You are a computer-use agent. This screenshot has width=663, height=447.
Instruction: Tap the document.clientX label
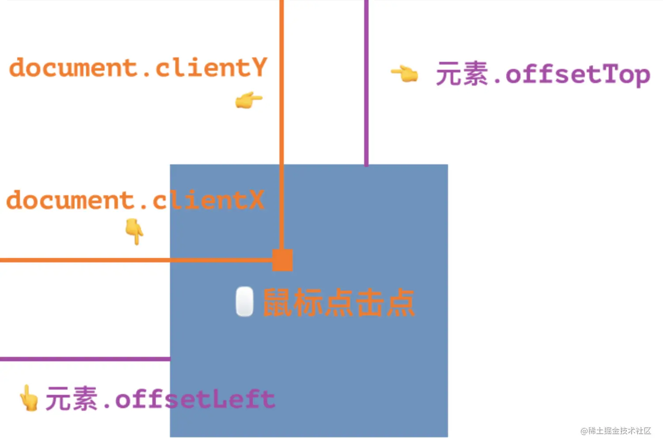[x=135, y=200]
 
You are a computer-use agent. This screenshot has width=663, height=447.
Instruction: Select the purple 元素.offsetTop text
[x=542, y=74]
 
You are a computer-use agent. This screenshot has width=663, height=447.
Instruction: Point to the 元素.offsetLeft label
[x=160, y=399]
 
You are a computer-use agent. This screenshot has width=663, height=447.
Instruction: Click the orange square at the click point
[x=283, y=260]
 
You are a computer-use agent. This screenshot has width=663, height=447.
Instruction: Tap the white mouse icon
[x=245, y=302]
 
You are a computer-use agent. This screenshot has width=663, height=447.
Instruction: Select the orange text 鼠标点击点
[x=339, y=303]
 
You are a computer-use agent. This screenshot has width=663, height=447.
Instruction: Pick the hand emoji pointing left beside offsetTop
[x=404, y=73]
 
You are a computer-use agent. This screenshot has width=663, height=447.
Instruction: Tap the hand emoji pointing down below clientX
[x=134, y=231]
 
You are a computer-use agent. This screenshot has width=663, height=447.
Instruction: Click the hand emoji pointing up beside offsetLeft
[x=29, y=398]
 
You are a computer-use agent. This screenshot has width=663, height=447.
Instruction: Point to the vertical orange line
[x=282, y=110]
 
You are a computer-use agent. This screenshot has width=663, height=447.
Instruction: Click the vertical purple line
[x=366, y=88]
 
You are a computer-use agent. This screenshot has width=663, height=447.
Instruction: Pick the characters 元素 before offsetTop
[x=462, y=73]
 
